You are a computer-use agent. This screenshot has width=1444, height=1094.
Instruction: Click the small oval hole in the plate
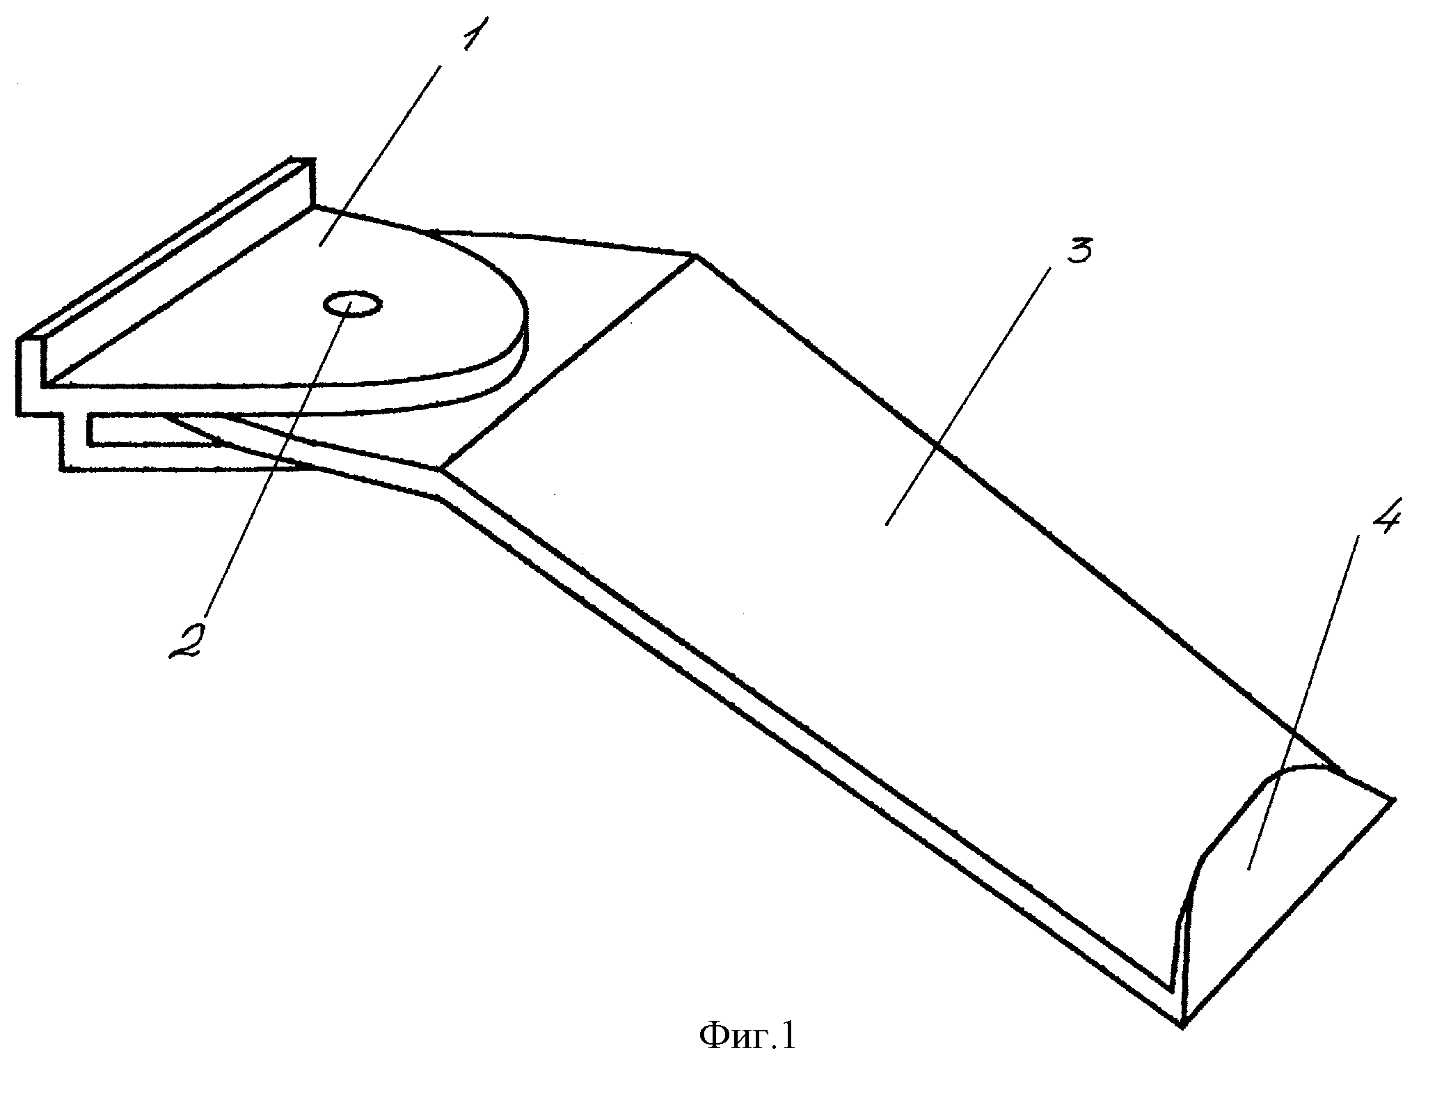click(351, 305)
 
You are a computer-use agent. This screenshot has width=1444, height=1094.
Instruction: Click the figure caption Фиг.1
click(747, 1056)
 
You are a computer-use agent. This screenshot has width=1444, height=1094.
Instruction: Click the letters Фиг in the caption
click(731, 1056)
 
